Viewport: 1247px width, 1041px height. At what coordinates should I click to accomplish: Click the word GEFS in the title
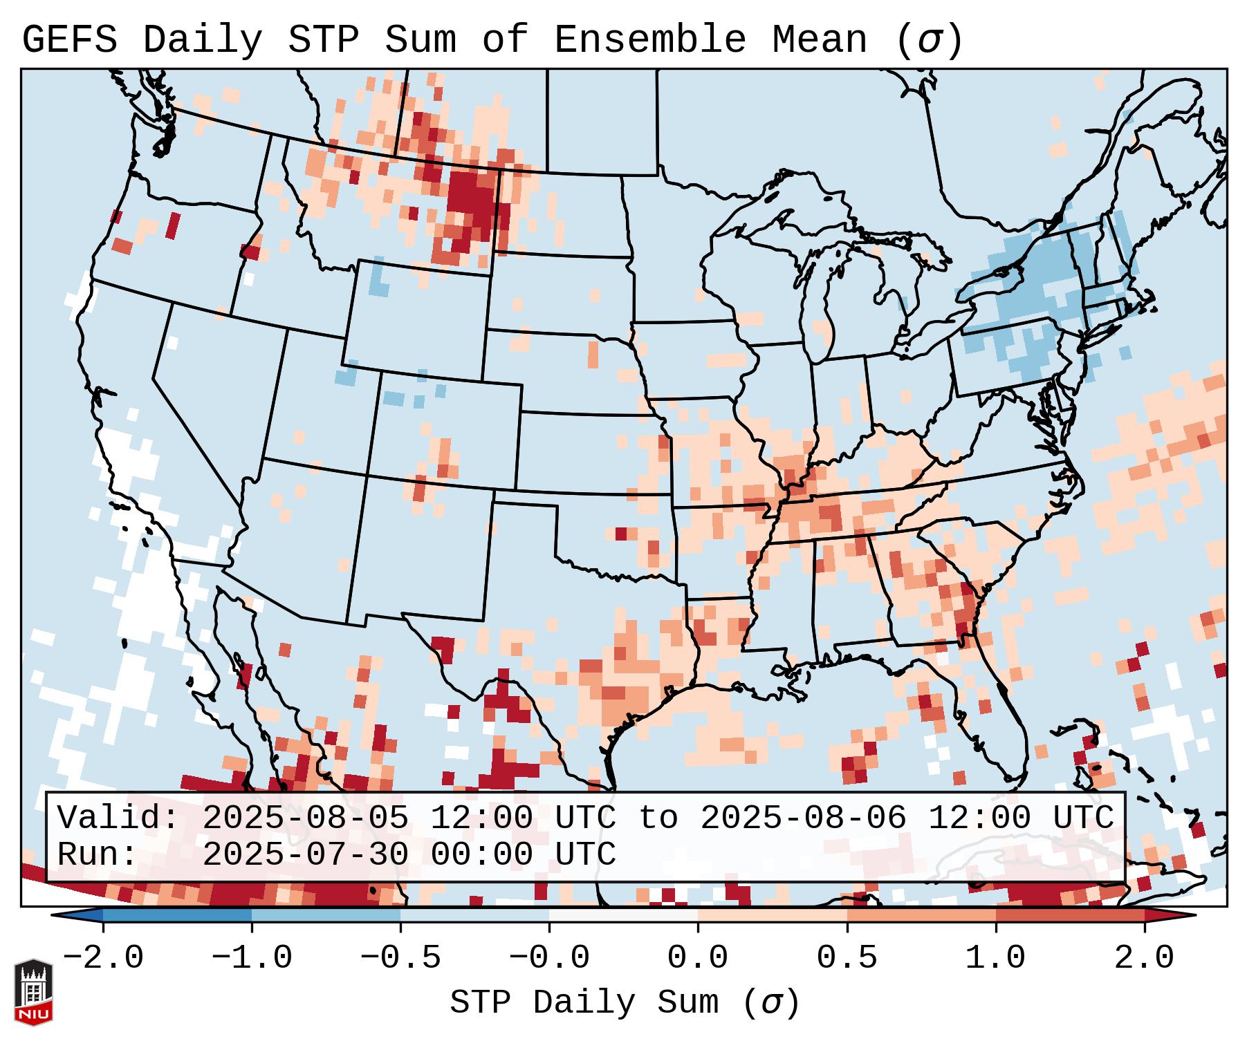[x=69, y=40]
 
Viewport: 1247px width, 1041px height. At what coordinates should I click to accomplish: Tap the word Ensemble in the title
[x=649, y=40]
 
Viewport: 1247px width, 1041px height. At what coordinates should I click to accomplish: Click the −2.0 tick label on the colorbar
[x=103, y=958]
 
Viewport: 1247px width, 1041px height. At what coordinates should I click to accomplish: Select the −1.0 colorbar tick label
[x=252, y=958]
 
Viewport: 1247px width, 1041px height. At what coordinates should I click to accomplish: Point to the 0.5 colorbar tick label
[x=847, y=958]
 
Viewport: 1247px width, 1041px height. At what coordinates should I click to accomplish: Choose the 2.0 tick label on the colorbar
[x=1144, y=958]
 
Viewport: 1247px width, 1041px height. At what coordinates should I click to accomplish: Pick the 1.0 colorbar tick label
[x=995, y=958]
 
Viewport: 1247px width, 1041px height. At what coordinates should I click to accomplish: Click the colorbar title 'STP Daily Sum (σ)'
[x=625, y=1002]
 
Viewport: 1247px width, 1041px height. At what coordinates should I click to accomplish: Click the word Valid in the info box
[x=118, y=818]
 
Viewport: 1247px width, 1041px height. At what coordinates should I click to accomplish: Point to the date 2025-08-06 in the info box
[x=803, y=818]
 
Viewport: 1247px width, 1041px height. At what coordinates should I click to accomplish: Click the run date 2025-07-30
[x=305, y=854]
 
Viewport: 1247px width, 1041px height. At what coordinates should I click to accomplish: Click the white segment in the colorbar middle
[x=623, y=915]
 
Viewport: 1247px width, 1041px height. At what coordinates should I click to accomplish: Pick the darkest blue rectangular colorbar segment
[x=177, y=915]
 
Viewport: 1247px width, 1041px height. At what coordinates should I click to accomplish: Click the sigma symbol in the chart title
[x=928, y=40]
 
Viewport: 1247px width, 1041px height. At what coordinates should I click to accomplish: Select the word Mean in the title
[x=819, y=40]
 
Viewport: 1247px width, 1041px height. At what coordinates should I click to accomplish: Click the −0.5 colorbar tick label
[x=400, y=958]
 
